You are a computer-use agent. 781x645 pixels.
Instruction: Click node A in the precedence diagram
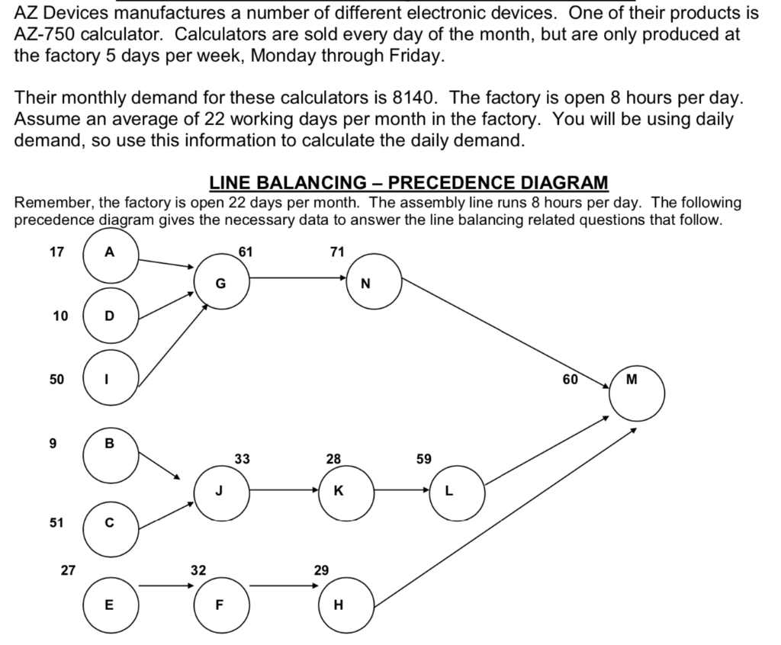pos(111,255)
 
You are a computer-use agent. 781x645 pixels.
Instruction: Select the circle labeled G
pos(221,283)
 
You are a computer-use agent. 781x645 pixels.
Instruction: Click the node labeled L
pos(457,492)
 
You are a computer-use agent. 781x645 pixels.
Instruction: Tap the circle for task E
pos(111,605)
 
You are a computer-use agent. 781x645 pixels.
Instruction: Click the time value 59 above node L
pos(424,459)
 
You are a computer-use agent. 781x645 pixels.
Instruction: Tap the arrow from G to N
pos(297,278)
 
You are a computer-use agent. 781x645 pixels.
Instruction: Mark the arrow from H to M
pos(503,518)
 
